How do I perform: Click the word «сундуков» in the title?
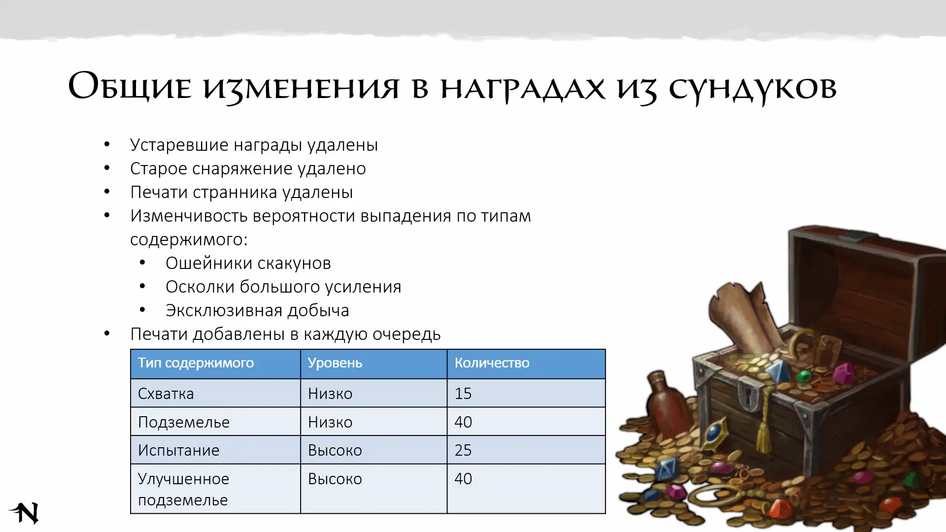(x=752, y=89)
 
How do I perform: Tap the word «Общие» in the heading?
(x=130, y=86)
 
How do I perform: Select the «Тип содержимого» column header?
(x=196, y=363)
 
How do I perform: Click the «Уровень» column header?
(x=335, y=363)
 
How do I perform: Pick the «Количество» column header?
(x=492, y=363)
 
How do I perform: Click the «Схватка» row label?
(x=166, y=394)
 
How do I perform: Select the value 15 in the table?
(x=463, y=394)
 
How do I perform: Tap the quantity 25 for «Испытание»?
(x=463, y=450)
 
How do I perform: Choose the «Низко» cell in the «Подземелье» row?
(x=330, y=422)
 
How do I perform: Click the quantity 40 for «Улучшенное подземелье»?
(x=463, y=479)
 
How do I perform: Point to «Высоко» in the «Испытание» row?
(x=335, y=450)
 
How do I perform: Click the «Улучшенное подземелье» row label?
(x=183, y=489)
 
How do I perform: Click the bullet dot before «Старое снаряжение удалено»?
(x=107, y=168)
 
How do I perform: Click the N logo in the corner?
(x=24, y=513)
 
